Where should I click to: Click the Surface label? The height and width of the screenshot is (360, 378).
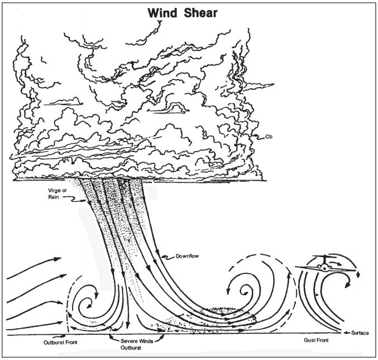[x=360, y=333]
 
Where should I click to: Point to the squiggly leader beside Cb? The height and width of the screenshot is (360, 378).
[x=254, y=135]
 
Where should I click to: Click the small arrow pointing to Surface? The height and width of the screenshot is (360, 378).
[x=344, y=333]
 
